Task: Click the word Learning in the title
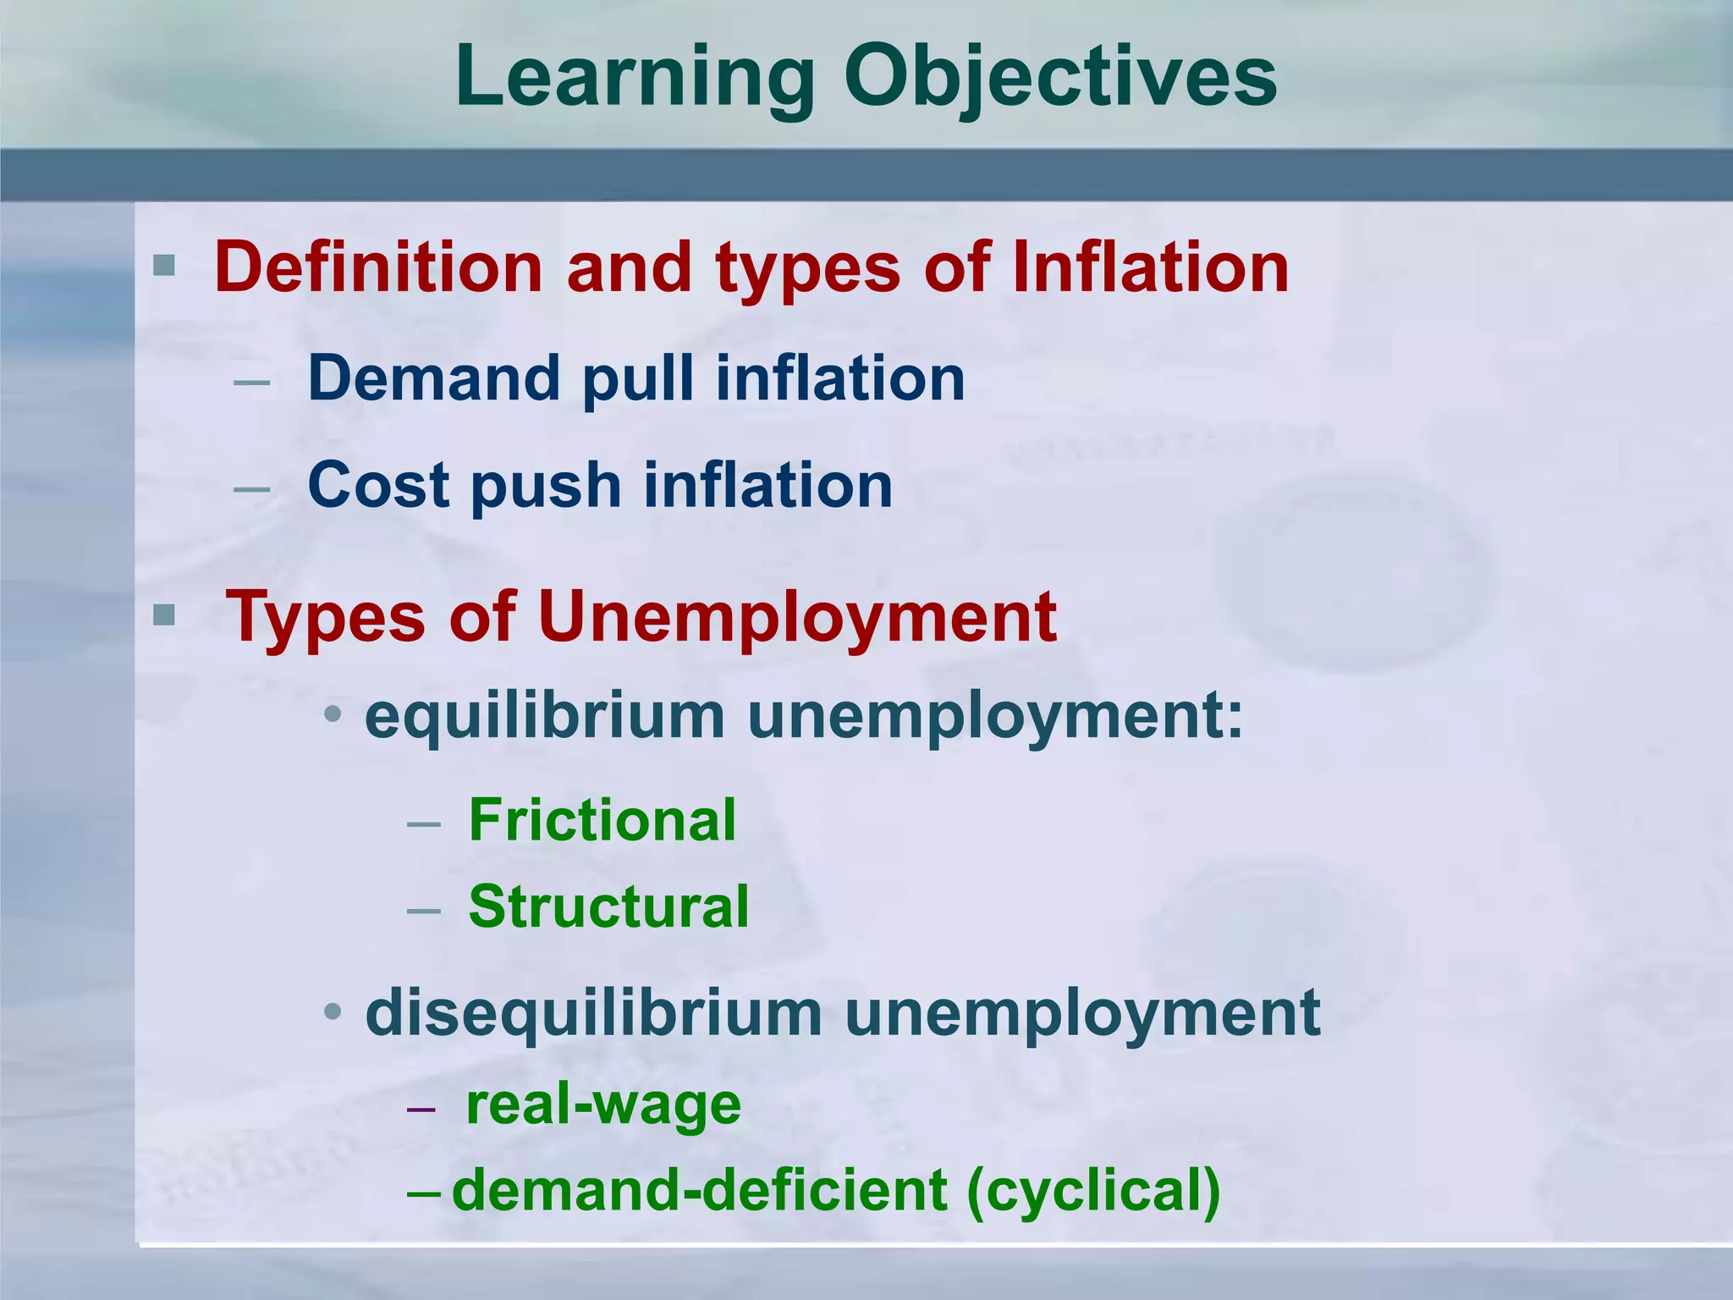tap(635, 78)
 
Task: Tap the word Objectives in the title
tap(1060, 78)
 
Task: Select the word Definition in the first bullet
tap(378, 267)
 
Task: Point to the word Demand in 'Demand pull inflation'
tap(434, 377)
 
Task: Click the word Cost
tap(378, 485)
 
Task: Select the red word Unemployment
tap(796, 617)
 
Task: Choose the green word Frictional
tap(602, 820)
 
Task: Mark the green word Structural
tap(609, 906)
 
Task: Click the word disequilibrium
tap(593, 1013)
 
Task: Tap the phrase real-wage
tap(603, 1104)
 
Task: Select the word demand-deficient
tap(700, 1190)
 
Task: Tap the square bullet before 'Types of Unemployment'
tap(164, 614)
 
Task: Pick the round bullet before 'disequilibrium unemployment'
tap(333, 1011)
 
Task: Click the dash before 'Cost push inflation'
tap(251, 488)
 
